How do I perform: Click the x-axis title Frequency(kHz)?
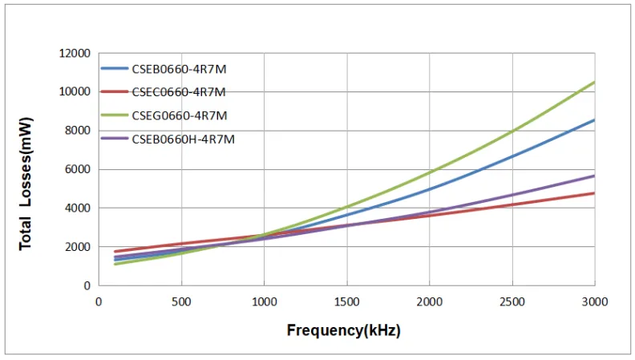[x=344, y=330]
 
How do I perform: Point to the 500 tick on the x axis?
[x=181, y=301]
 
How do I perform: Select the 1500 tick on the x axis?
[x=346, y=301]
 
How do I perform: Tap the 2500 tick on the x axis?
[x=512, y=301]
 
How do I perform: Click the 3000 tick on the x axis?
[x=594, y=301]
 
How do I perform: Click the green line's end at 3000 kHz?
[x=594, y=82]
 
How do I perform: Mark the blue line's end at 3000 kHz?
[x=594, y=120]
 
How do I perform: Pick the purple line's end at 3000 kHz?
[x=594, y=176]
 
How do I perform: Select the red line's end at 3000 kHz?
[x=594, y=193]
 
